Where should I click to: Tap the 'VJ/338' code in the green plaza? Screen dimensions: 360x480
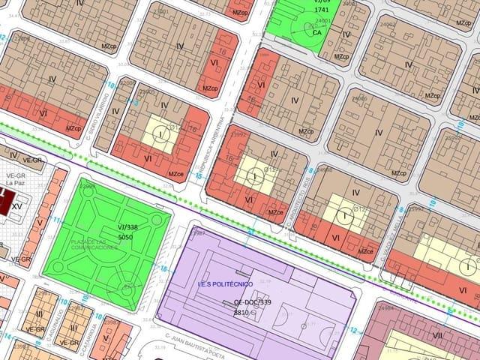127,226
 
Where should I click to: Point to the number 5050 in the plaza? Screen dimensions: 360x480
125,237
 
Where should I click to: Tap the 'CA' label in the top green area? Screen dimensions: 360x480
317,32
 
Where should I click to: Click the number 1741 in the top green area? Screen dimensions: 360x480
322,10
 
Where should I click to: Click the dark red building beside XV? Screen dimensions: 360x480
3,202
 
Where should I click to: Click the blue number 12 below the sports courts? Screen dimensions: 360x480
352,329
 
